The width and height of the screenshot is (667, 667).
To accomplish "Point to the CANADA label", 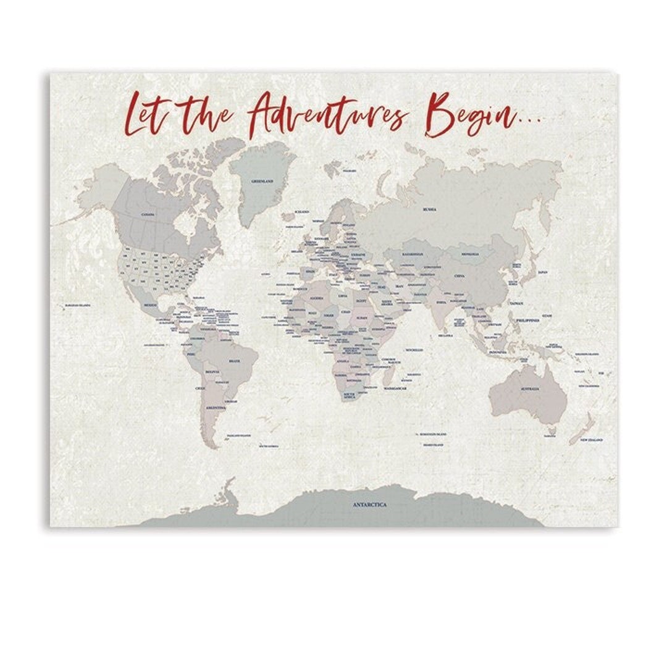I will point(148,214).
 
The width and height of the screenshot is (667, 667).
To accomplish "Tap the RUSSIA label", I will point(430,209).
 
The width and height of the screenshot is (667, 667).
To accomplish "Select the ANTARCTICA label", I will point(370,505).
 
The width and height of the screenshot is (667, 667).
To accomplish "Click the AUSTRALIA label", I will point(530,388).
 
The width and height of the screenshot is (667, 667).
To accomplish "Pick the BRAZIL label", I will point(235,361).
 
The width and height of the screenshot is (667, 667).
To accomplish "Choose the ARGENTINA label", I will point(216,408).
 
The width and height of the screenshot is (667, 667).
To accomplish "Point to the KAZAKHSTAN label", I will point(413,254).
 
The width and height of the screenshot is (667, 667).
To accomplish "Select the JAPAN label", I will point(542,272).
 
